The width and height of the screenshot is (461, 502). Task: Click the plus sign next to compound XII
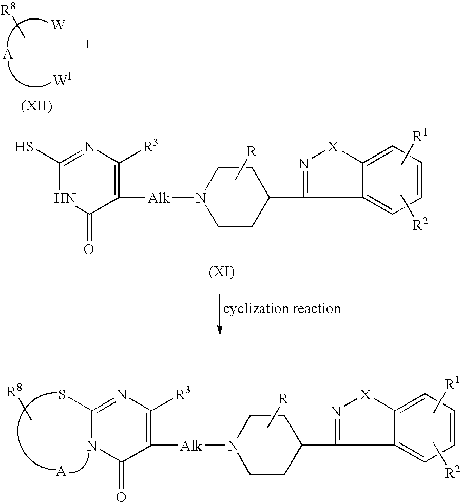87,44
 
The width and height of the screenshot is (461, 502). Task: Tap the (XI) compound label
222,272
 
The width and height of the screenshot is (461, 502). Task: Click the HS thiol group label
24,147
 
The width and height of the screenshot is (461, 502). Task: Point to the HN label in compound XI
65,199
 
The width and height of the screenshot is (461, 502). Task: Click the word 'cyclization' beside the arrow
257,308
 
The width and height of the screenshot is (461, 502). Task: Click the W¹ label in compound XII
63,81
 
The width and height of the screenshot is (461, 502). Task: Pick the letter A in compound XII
8,55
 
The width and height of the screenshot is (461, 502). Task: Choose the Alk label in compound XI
159,199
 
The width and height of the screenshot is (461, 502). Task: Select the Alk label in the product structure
191,446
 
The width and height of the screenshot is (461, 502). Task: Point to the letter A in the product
61,472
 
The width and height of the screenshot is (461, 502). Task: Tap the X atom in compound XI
334,147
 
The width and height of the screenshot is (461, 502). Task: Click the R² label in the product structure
452,472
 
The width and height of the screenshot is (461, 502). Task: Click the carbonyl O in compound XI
89,249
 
